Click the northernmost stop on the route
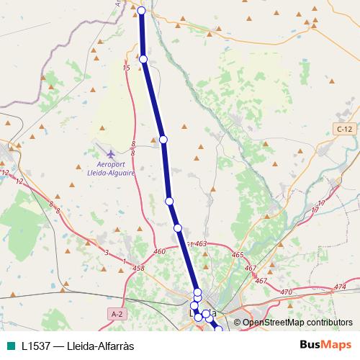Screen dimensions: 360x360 [142, 11]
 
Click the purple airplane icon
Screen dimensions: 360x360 [110, 153]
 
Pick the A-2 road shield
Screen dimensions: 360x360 [117, 314]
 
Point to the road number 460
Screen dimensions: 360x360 [159, 252]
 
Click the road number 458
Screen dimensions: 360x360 [139, 269]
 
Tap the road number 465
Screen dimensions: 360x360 [238, 256]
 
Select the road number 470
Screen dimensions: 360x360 [286, 292]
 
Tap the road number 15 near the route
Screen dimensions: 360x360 [126, 68]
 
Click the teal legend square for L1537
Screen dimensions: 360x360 [10, 346]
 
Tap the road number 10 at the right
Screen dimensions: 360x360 [320, 204]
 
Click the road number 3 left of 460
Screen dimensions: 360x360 [106, 252]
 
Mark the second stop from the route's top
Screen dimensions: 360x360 [143, 59]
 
